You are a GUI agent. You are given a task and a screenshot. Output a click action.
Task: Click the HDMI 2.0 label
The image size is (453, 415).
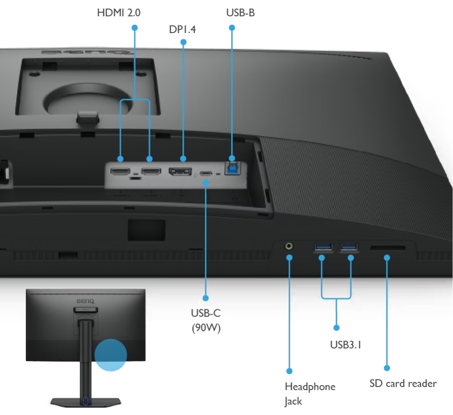click(119, 13)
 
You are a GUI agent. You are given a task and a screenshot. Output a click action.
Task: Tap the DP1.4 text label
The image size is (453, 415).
click(182, 29)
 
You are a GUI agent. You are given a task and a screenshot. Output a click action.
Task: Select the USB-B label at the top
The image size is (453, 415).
click(241, 13)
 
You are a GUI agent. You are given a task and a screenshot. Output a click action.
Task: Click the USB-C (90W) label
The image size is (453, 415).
click(206, 320)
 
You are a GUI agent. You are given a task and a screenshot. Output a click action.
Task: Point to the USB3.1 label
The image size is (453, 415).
click(346, 345)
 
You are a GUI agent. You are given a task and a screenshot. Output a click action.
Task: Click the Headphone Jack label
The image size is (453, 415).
click(310, 394)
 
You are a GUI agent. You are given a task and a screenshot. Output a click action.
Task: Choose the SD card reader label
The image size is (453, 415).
click(403, 383)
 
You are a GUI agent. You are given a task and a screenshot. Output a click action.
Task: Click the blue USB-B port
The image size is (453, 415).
click(232, 169)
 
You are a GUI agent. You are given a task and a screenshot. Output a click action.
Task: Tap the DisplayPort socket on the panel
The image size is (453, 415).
click(180, 171)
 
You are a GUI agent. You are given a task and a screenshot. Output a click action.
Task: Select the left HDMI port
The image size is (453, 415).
click(120, 171)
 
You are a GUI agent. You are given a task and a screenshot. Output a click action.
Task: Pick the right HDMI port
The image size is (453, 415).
click(151, 171)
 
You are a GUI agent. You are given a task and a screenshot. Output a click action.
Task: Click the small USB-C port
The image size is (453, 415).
click(206, 174)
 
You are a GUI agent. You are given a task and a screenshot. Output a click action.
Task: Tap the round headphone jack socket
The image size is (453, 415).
click(289, 246)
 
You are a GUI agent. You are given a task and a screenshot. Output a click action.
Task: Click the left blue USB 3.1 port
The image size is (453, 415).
click(323, 247)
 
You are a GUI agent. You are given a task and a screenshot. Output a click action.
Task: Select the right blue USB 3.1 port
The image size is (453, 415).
click(349, 247)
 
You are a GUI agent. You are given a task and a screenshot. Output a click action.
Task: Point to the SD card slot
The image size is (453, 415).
click(388, 248)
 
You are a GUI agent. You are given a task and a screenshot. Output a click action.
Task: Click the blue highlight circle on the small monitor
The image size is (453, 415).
click(111, 355)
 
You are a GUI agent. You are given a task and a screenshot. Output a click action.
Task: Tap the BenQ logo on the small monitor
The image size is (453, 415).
click(86, 301)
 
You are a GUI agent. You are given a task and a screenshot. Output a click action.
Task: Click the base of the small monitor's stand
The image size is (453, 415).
click(86, 402)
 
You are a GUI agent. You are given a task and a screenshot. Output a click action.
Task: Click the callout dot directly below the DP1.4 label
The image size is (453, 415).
click(183, 42)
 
